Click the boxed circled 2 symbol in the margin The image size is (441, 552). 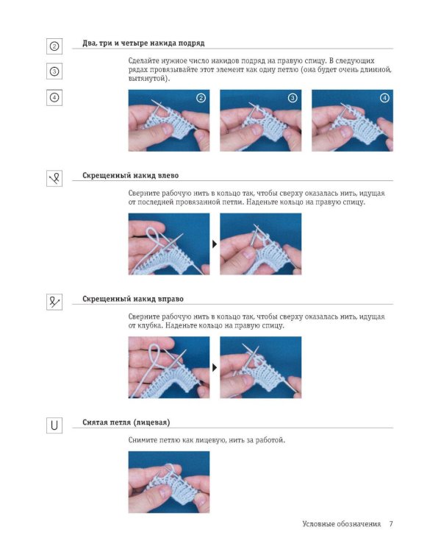coord(54,46)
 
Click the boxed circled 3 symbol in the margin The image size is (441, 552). coord(54,71)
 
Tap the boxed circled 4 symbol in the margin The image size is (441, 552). coord(54,97)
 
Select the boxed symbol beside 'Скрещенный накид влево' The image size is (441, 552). coord(54,179)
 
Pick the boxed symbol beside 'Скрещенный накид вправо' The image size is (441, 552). coord(54,302)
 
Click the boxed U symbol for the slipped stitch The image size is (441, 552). coord(54,425)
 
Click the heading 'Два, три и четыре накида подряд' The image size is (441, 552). coord(143,43)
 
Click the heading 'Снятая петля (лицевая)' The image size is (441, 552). coord(126,422)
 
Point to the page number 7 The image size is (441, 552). coord(391,524)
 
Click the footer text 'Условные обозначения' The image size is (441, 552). coord(342,524)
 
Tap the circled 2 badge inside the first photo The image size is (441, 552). coord(201,98)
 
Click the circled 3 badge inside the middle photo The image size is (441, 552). coord(293,98)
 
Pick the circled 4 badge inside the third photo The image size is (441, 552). coord(384,98)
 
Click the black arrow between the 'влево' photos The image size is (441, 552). coord(215,244)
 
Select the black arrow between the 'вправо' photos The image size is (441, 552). coord(215,367)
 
